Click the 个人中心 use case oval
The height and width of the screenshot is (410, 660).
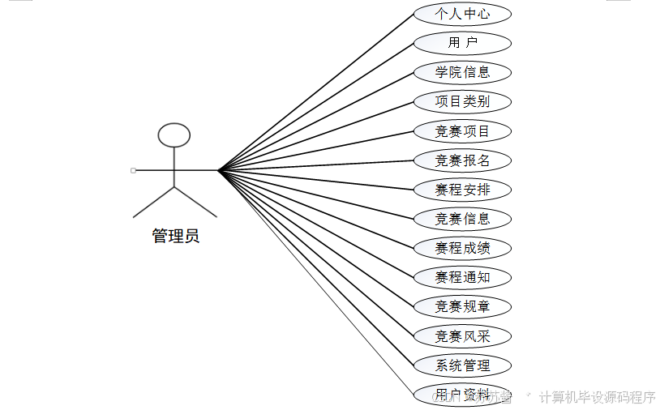(462, 14)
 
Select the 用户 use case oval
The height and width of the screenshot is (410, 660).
(462, 43)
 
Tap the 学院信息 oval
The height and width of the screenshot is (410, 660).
(462, 72)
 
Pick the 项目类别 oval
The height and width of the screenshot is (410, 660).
(462, 101)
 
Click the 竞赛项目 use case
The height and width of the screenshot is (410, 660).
(462, 131)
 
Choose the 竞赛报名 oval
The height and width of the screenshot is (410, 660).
(462, 160)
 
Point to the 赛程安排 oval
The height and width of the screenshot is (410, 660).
(462, 190)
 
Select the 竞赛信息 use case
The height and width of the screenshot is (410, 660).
(462, 219)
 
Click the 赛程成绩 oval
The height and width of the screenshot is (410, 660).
(462, 248)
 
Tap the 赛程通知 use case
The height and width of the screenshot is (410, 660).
(462, 277)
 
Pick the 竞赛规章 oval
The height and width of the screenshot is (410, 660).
(462, 306)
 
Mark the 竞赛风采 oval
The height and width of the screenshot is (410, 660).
(462, 336)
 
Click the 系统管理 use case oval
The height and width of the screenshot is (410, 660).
(462, 365)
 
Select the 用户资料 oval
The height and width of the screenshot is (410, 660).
(462, 395)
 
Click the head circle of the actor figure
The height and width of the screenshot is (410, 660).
(174, 135)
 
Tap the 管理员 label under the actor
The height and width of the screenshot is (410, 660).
(175, 237)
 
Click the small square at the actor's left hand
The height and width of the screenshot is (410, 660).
(133, 170)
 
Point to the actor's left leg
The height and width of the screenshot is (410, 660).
(154, 203)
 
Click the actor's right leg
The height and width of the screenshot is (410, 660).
(195, 203)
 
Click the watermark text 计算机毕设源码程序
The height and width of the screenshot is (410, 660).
(597, 397)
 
